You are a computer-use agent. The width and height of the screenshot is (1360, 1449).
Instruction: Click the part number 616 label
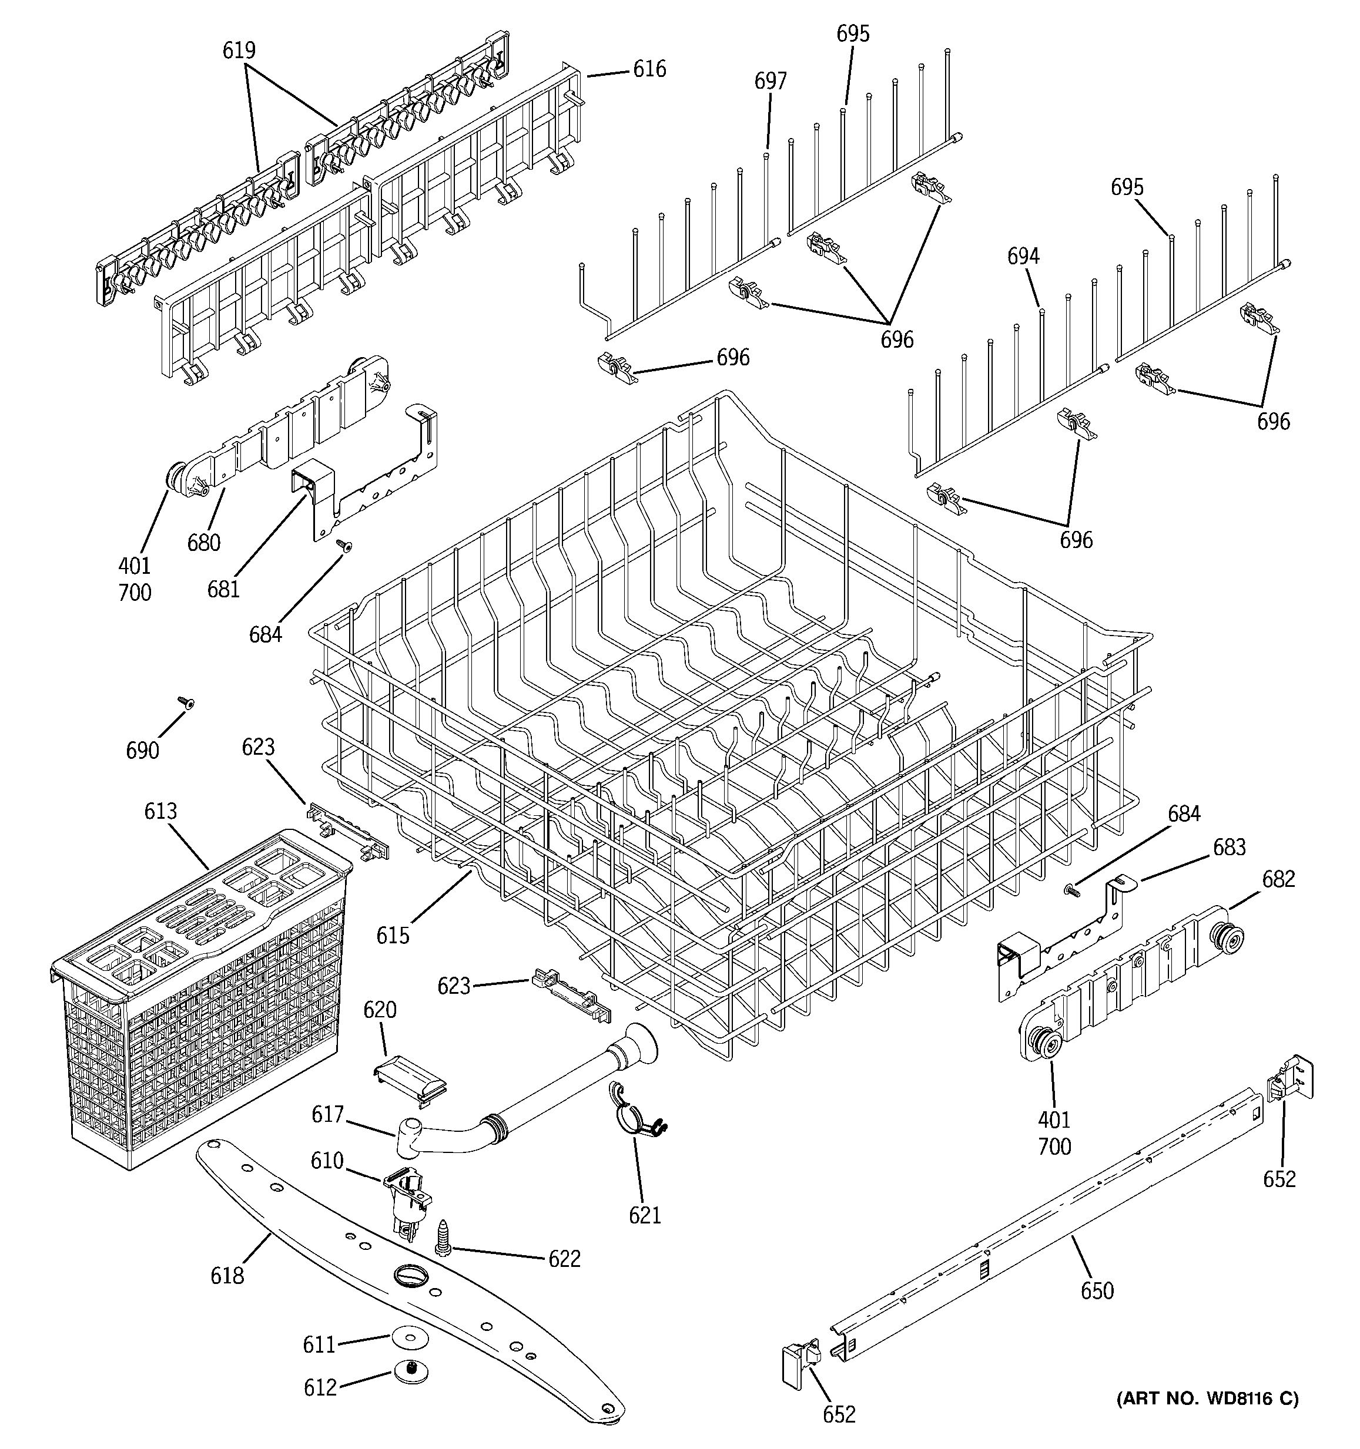(649, 69)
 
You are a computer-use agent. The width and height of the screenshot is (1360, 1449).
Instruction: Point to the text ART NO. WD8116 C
(1207, 1398)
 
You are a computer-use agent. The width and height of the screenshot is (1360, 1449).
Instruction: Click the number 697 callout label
(770, 81)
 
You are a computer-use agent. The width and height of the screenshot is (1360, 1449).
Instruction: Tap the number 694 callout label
(1024, 256)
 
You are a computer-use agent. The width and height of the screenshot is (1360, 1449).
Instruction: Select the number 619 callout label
(239, 51)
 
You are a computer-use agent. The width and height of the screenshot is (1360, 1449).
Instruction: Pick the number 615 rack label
(393, 935)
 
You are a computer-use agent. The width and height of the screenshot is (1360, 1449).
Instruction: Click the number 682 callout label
(1278, 879)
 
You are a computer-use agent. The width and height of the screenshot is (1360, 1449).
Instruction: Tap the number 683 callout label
(1230, 847)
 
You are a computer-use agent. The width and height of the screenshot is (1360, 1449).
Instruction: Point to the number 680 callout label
(203, 542)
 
